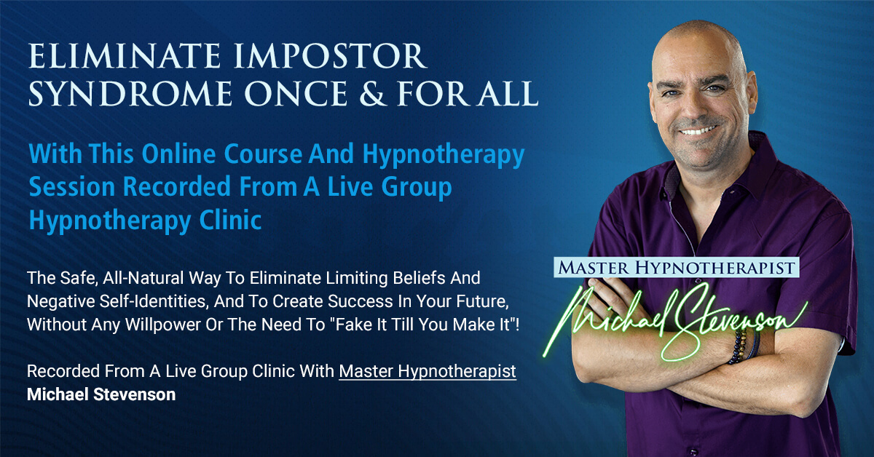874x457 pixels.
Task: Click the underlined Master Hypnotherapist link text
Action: point(428,371)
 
